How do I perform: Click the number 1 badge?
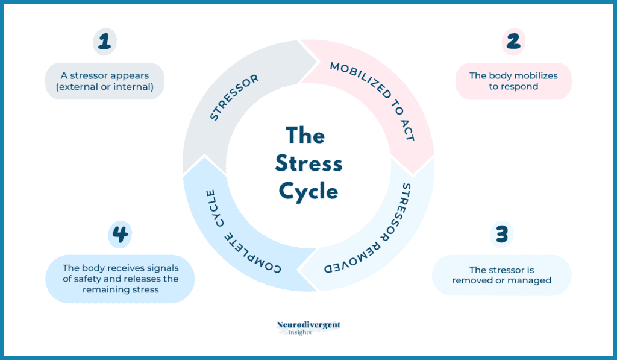pyautogui.click(x=104, y=42)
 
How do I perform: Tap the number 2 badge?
pyautogui.click(x=513, y=42)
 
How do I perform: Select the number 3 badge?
pyautogui.click(x=501, y=234)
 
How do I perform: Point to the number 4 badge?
pyautogui.click(x=120, y=234)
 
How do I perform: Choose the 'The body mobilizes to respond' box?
pyautogui.click(x=513, y=81)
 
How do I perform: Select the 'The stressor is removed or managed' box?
pyautogui.click(x=501, y=276)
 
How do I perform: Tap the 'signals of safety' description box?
pyautogui.click(x=120, y=279)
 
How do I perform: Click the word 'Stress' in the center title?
pyautogui.click(x=308, y=163)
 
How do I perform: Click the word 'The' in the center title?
pyautogui.click(x=305, y=136)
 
